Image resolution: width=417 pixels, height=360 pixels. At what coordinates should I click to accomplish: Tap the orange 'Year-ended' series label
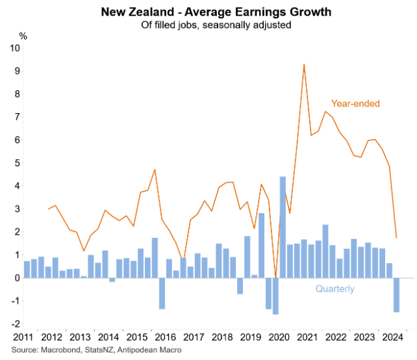click(x=355, y=103)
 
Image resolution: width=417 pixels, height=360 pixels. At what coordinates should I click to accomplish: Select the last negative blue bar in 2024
click(x=396, y=294)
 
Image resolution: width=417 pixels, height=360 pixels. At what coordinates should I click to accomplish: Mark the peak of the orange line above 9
click(x=304, y=64)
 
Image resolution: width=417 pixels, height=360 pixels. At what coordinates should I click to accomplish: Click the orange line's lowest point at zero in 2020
click(x=275, y=277)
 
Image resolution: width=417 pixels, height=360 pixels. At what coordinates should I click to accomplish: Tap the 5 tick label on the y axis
click(x=15, y=163)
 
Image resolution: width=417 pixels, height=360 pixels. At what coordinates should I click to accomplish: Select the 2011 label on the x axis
click(x=23, y=337)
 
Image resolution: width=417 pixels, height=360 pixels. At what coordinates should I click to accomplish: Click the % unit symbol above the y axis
click(x=23, y=36)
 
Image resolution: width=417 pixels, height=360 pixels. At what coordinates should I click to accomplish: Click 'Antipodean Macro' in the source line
click(x=148, y=350)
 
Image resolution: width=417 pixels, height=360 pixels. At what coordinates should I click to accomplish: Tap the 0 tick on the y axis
click(x=15, y=277)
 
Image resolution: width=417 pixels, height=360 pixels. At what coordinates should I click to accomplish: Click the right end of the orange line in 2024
click(x=396, y=238)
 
